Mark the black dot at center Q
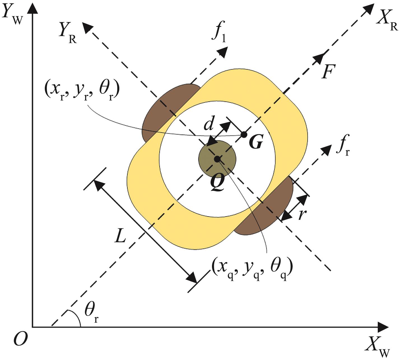point(217,159)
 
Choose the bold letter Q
point(217,183)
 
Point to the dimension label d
point(209,124)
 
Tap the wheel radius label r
point(302,214)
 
